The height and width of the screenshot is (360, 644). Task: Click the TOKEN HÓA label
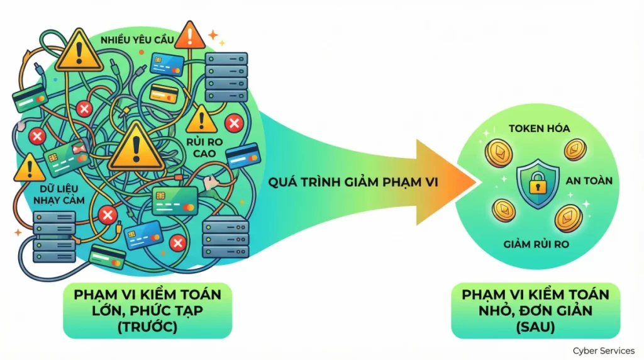(x=540, y=128)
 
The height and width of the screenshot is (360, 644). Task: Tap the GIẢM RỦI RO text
(x=536, y=243)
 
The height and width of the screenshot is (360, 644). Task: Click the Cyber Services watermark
(x=603, y=351)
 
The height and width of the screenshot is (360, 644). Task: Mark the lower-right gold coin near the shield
(x=568, y=218)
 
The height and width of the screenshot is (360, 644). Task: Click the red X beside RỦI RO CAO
(x=235, y=122)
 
